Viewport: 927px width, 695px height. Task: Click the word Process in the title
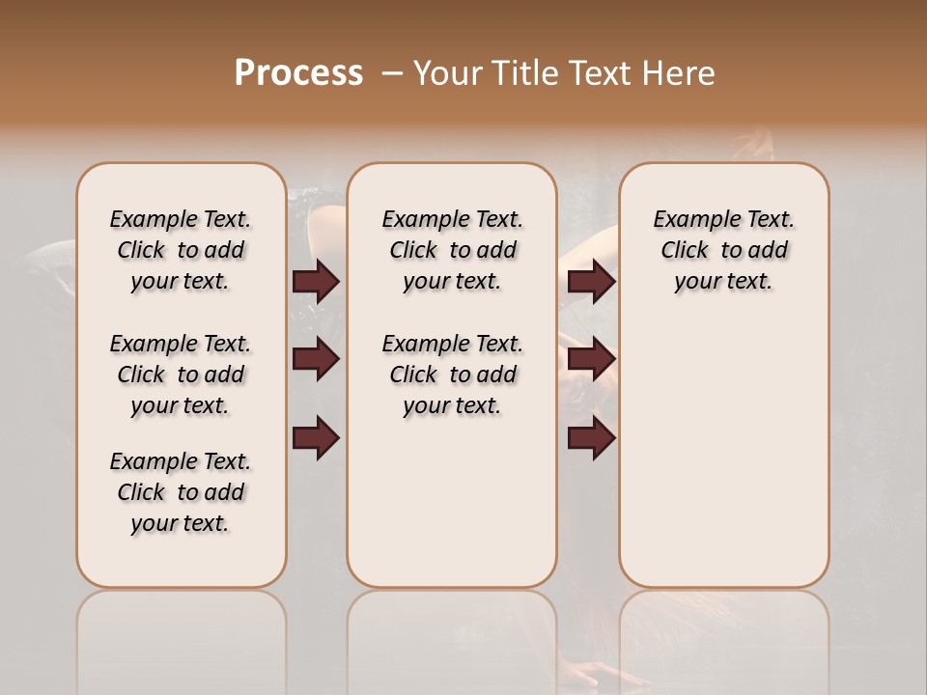point(298,73)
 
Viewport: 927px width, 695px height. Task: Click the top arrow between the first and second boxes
point(316,282)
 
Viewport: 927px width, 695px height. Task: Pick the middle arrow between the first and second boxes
point(316,360)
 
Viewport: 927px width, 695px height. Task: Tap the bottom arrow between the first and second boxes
point(316,437)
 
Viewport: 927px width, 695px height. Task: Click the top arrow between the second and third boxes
point(592,282)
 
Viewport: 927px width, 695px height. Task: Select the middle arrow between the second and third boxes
point(592,360)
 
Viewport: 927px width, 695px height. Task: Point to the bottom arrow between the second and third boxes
point(592,437)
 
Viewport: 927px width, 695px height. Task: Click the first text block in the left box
point(181,250)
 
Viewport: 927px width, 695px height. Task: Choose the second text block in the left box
point(181,375)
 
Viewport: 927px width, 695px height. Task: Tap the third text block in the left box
point(181,492)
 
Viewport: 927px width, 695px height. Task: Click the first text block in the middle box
point(453,250)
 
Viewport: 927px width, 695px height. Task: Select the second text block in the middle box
point(453,375)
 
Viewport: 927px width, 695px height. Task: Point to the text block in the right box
point(724,250)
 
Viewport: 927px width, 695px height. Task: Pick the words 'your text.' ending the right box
point(724,282)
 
